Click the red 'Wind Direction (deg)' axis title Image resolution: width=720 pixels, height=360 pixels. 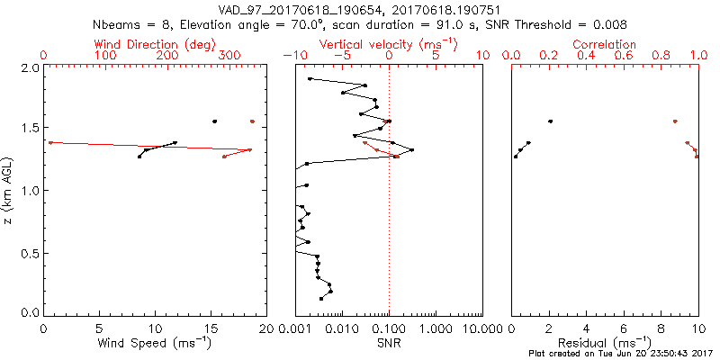click(x=155, y=44)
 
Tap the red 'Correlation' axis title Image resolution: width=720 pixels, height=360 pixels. click(x=604, y=44)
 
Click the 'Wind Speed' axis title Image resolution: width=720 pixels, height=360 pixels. click(x=155, y=343)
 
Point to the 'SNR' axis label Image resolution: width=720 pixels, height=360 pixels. click(x=389, y=343)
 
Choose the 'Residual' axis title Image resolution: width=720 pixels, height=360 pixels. click(x=604, y=343)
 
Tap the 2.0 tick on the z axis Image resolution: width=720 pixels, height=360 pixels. click(x=29, y=67)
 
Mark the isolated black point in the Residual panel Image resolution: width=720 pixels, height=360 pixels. click(x=550, y=121)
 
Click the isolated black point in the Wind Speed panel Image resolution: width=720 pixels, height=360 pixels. click(x=214, y=121)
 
